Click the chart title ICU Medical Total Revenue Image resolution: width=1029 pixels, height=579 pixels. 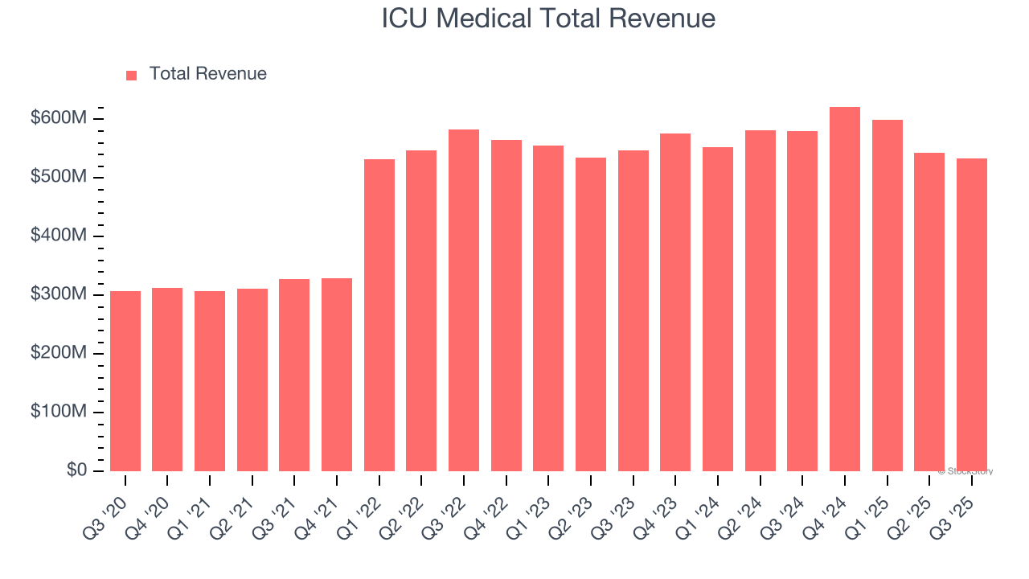pos(548,18)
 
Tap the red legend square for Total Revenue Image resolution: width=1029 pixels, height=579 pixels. pos(132,75)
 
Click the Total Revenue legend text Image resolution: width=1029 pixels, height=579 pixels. pos(207,74)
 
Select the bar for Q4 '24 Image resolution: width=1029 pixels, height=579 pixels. pos(845,289)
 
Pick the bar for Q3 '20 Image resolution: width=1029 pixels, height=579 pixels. pos(125,381)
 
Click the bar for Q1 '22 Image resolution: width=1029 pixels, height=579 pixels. pos(379,315)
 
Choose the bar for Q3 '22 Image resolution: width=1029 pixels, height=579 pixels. pos(464,301)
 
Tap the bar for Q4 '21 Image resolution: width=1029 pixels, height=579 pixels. pos(337,375)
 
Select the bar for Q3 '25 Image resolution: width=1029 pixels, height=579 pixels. pos(972,315)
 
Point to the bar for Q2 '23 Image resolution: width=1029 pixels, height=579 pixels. pos(591,314)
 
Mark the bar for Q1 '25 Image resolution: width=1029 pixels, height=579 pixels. pos(888,296)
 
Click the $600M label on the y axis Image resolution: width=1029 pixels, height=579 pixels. pos(58,119)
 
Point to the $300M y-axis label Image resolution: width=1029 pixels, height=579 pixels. pos(58,295)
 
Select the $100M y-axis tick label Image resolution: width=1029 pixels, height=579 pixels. pos(58,413)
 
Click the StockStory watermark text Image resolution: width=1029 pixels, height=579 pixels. pos(965,471)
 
